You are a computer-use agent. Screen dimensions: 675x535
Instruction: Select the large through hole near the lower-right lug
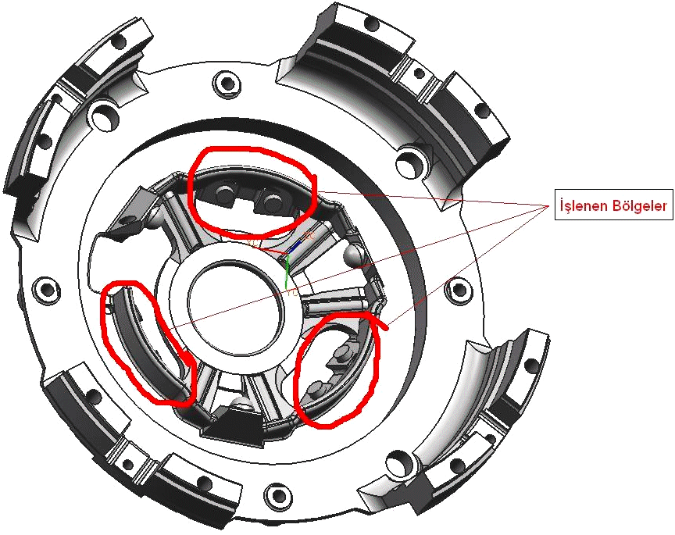(400, 464)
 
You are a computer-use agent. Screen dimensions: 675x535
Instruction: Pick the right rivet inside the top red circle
(273, 199)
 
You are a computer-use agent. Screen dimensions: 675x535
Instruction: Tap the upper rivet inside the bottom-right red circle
(343, 351)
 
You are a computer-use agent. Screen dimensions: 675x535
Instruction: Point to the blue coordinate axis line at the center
(295, 247)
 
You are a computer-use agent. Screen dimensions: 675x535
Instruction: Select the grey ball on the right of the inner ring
(355, 254)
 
